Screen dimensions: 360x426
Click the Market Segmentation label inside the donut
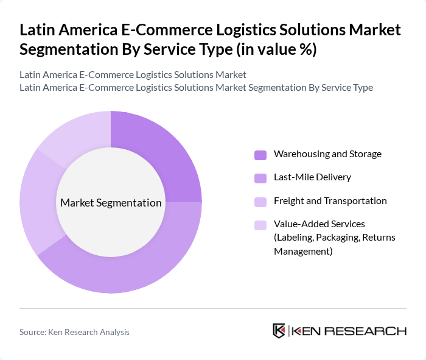(111, 203)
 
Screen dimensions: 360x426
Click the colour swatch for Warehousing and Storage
(260, 155)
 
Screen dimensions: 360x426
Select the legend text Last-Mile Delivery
(312, 177)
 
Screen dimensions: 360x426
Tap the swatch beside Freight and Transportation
(260, 202)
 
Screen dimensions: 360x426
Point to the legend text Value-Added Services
(319, 224)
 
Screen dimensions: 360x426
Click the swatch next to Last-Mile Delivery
(260, 178)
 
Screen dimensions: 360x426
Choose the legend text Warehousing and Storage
(327, 154)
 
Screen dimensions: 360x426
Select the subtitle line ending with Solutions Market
(133, 75)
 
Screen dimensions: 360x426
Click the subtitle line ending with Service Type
(196, 88)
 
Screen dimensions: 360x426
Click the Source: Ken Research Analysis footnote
(74, 332)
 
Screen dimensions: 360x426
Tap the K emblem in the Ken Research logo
(279, 331)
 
